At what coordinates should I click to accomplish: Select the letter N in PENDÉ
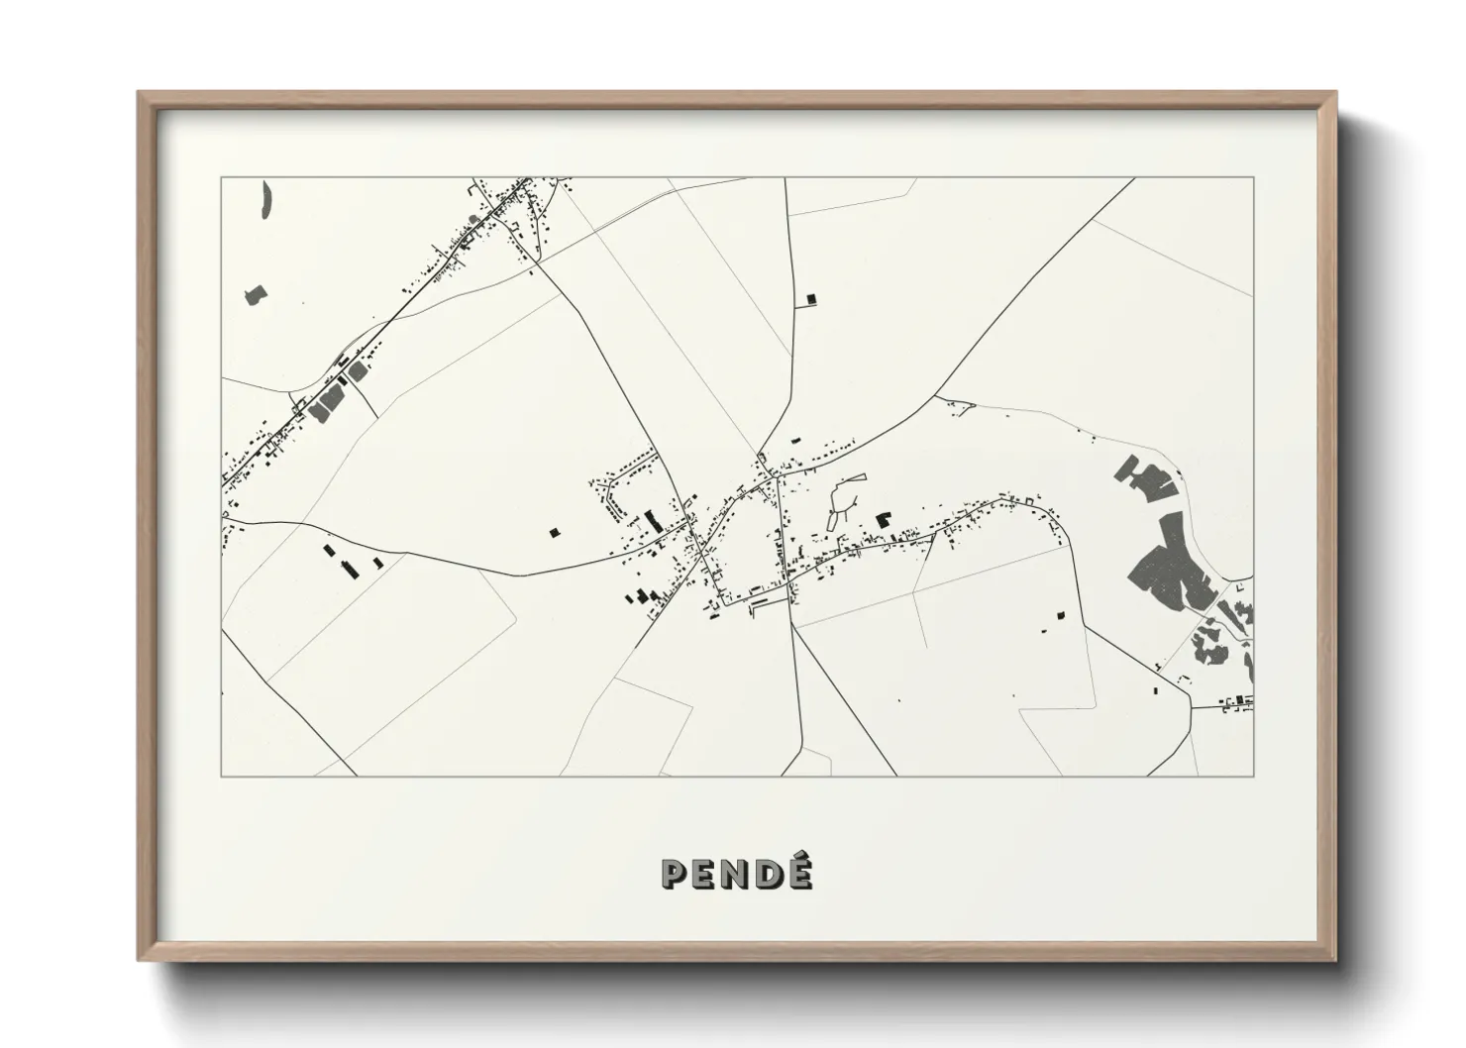pos(737,874)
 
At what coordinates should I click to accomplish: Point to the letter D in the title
pos(768,874)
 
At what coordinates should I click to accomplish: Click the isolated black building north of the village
pos(810,297)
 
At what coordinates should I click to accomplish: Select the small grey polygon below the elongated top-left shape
pos(256,295)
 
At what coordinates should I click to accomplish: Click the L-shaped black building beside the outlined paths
pos(881,518)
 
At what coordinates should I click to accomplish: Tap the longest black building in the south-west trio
pos(348,567)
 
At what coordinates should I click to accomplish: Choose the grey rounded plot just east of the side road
pos(358,371)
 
